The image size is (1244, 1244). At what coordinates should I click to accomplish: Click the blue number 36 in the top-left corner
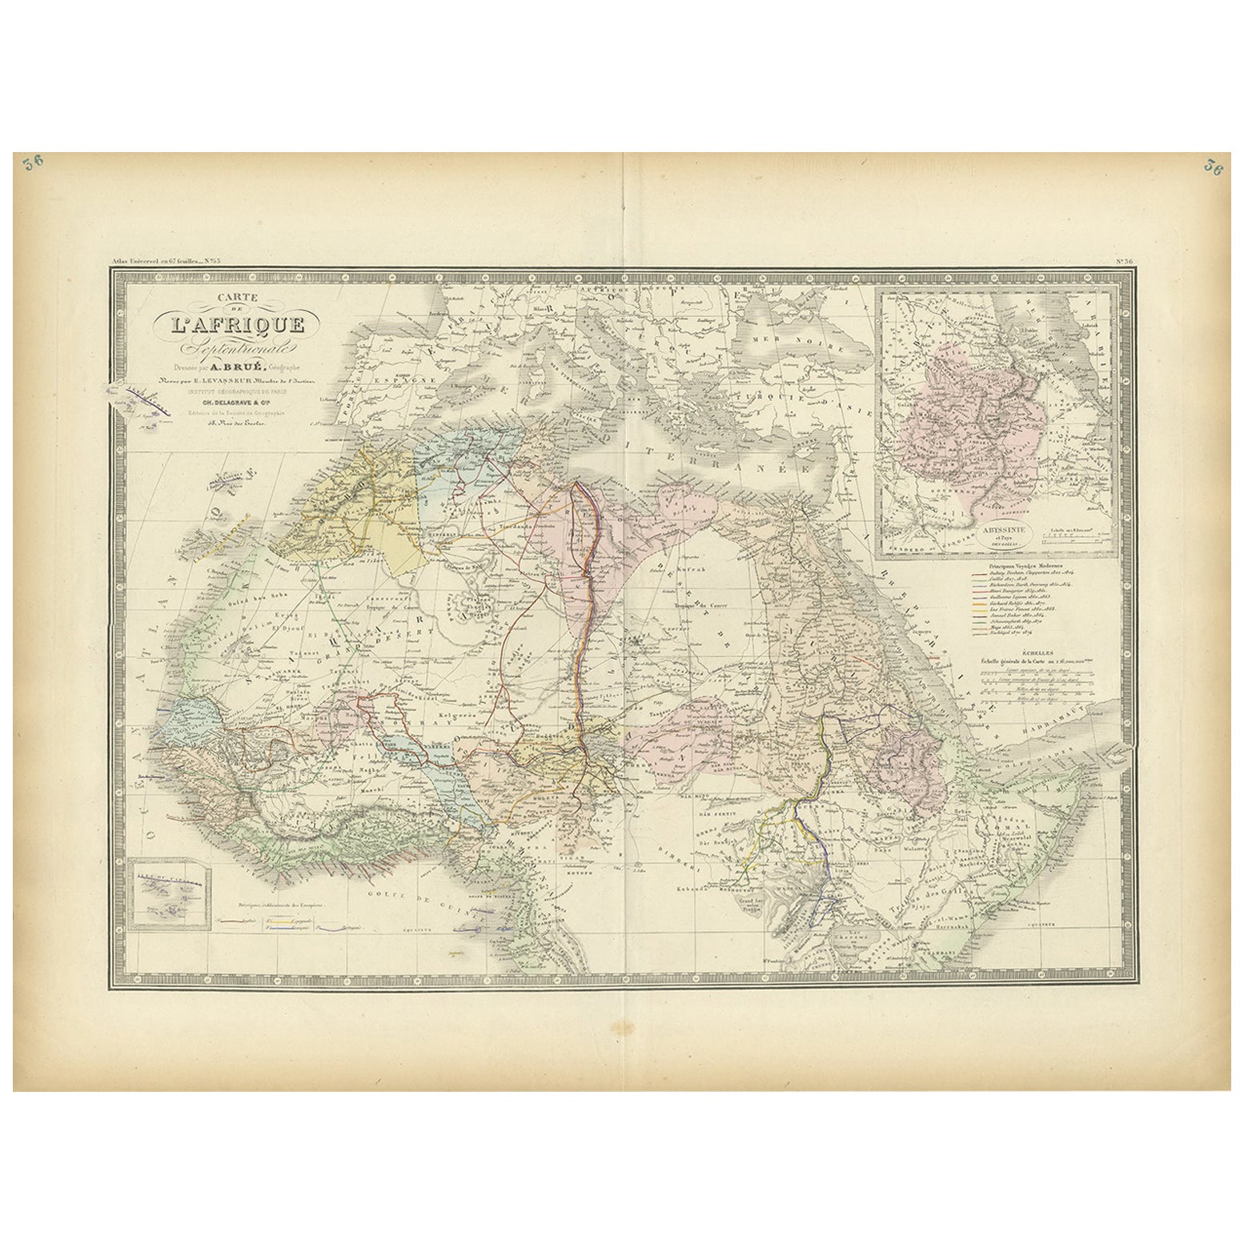click(x=34, y=163)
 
